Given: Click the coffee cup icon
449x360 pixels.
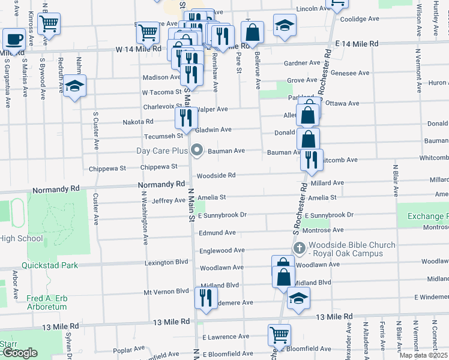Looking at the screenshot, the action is (14, 40).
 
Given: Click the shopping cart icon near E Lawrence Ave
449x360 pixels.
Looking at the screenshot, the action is (279, 335).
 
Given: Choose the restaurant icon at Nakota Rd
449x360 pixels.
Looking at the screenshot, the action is (185, 118).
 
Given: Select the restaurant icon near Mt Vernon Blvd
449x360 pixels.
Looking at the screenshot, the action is (206, 298).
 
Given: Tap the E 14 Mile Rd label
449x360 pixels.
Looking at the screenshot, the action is (357, 44).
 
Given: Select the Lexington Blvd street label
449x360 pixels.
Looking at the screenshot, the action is (166, 263).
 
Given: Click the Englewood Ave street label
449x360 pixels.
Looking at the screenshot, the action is (222, 250).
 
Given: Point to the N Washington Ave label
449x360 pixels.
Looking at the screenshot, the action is (145, 218).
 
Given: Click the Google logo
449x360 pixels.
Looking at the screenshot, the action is (19, 353).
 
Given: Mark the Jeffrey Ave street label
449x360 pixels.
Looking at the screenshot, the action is (168, 200).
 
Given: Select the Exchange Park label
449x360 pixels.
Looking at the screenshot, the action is (427, 216).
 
